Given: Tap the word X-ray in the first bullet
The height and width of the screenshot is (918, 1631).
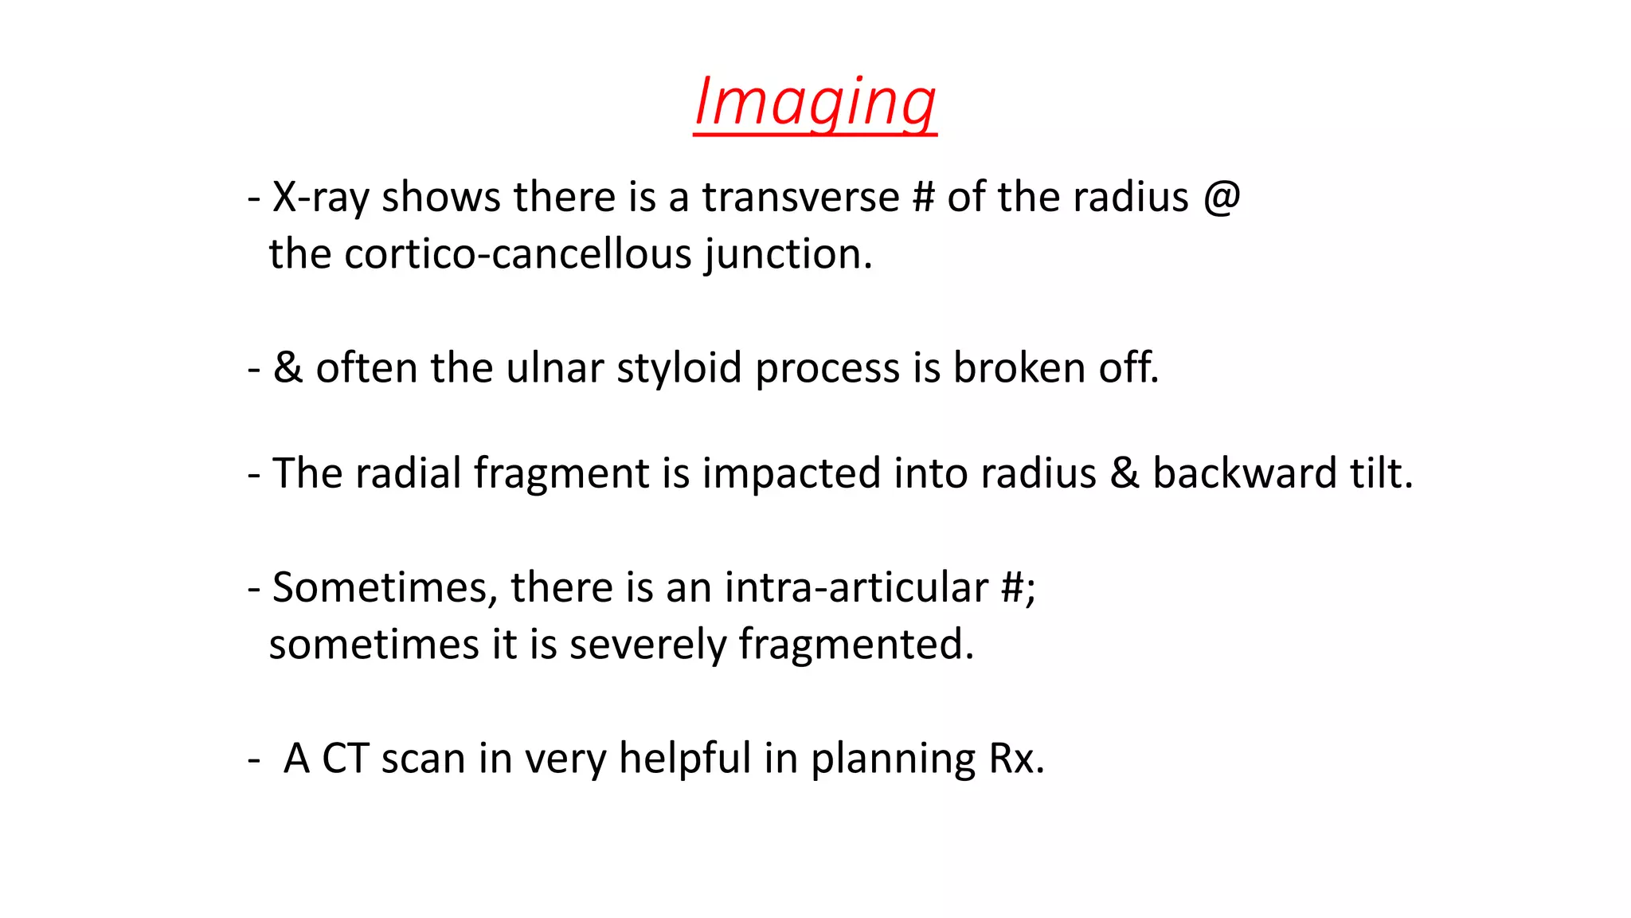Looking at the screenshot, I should [x=320, y=197].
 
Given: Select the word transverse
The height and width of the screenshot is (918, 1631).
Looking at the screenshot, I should [x=800, y=197].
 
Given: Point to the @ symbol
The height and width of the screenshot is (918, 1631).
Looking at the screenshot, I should [x=1222, y=197].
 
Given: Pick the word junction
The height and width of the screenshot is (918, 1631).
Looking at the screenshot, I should [x=788, y=254].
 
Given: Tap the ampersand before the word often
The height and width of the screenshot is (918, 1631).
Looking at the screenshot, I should [x=287, y=368].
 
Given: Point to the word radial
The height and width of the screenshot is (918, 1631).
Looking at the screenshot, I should [x=408, y=473].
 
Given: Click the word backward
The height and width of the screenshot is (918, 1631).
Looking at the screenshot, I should [x=1244, y=473].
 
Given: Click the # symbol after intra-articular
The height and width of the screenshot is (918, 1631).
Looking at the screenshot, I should [x=1014, y=588].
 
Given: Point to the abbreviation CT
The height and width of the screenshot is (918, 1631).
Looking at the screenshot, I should [x=345, y=759].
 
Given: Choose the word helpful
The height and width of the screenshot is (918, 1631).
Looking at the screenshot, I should [x=685, y=759].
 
